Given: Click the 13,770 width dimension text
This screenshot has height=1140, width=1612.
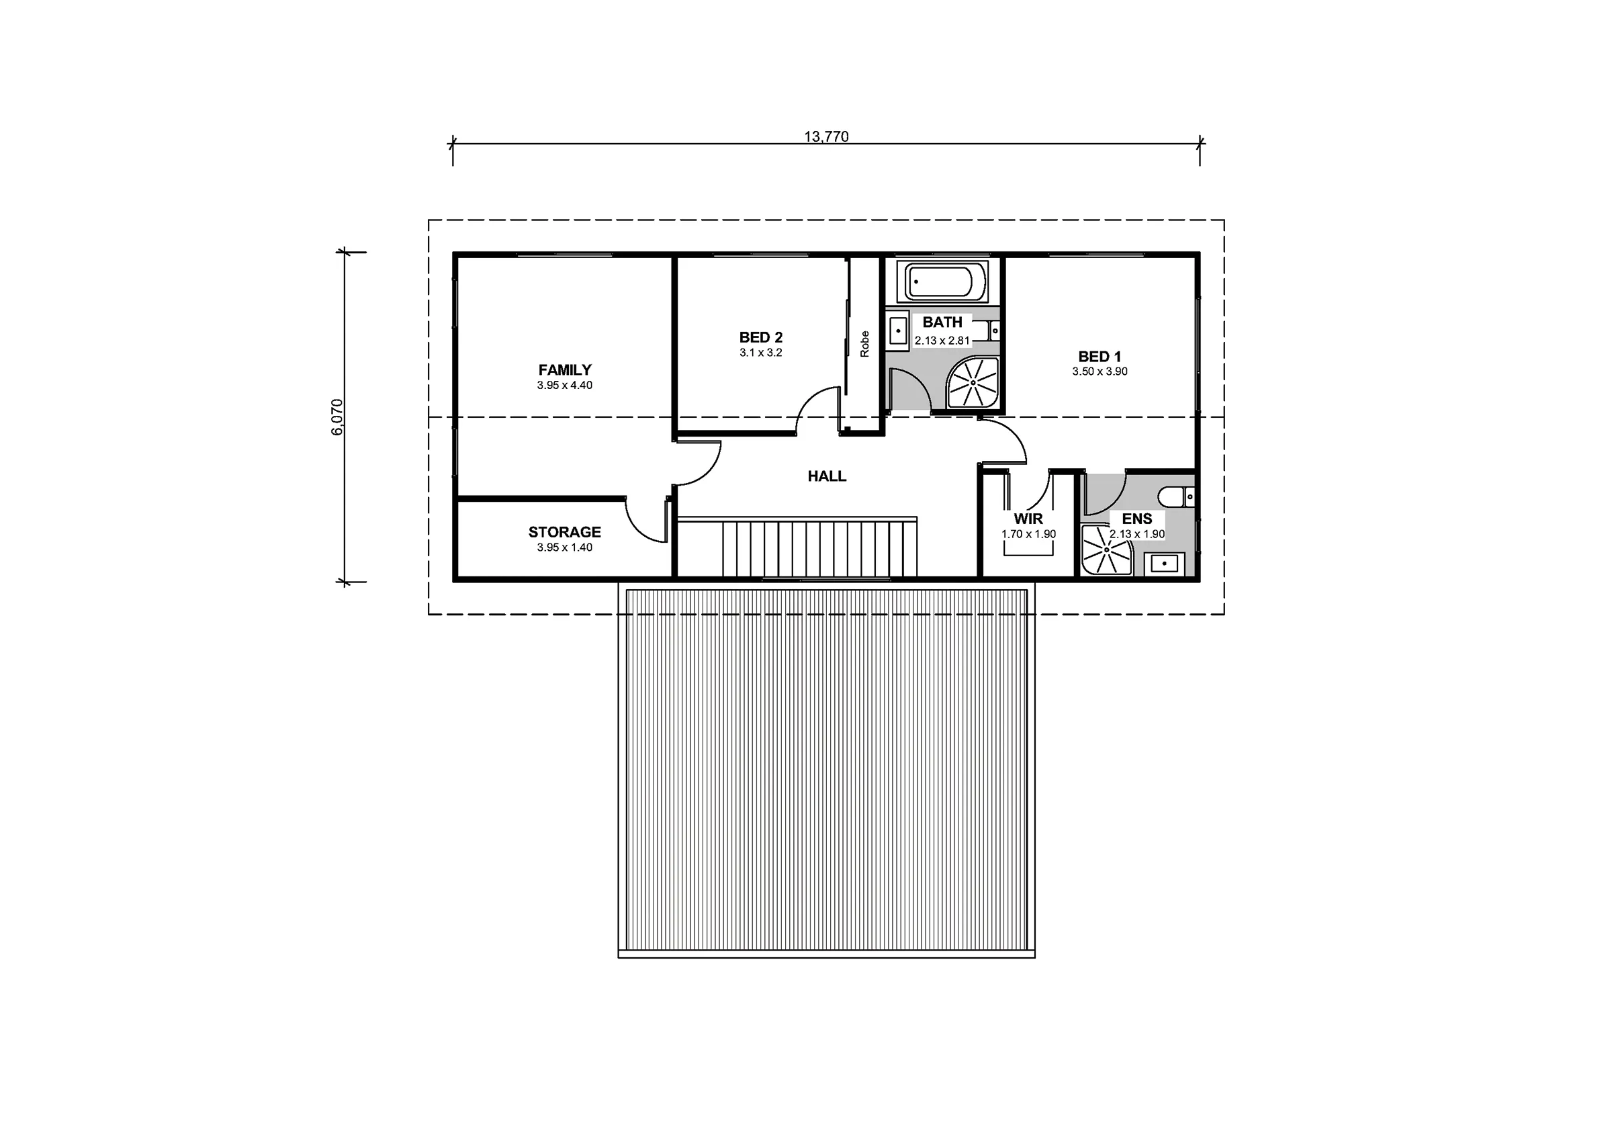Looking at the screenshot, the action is (825, 136).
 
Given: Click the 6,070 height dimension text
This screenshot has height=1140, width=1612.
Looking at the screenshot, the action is (338, 417).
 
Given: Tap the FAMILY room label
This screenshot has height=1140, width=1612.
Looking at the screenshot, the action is (564, 369).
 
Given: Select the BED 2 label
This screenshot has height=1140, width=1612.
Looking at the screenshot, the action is (760, 337).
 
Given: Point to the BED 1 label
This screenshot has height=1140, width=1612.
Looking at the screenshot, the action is (1100, 357).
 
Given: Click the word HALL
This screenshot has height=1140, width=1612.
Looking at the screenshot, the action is (826, 476).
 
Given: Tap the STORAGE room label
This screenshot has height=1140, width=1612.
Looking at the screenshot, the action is (564, 532).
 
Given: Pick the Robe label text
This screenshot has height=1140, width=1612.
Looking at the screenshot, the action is (864, 344).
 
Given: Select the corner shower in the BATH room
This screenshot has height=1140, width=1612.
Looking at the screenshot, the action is (973, 382).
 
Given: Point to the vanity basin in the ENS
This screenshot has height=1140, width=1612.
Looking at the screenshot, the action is (1165, 564).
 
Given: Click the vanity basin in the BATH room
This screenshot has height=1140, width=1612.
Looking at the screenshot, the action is (899, 330).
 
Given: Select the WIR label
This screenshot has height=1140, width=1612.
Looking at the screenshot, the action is (1028, 519).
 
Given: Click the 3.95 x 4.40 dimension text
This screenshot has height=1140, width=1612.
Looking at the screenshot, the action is (564, 385).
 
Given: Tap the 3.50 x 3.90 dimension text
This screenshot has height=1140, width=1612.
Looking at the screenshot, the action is (1100, 371).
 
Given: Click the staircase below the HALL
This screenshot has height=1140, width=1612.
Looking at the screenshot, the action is (797, 548).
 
